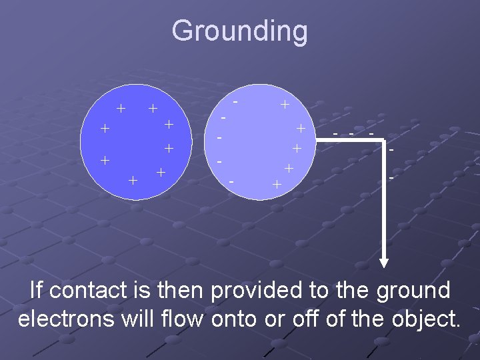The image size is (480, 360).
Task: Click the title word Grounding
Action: tap(239, 31)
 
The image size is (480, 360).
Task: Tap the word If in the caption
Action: tap(36, 291)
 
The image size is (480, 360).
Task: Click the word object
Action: tap(423, 319)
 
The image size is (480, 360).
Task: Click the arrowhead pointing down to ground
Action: tap(385, 263)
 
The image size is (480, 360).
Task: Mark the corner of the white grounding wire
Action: tap(385, 140)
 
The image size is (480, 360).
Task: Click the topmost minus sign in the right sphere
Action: tap(237, 101)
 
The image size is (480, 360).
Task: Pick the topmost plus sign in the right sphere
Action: tap(284, 105)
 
